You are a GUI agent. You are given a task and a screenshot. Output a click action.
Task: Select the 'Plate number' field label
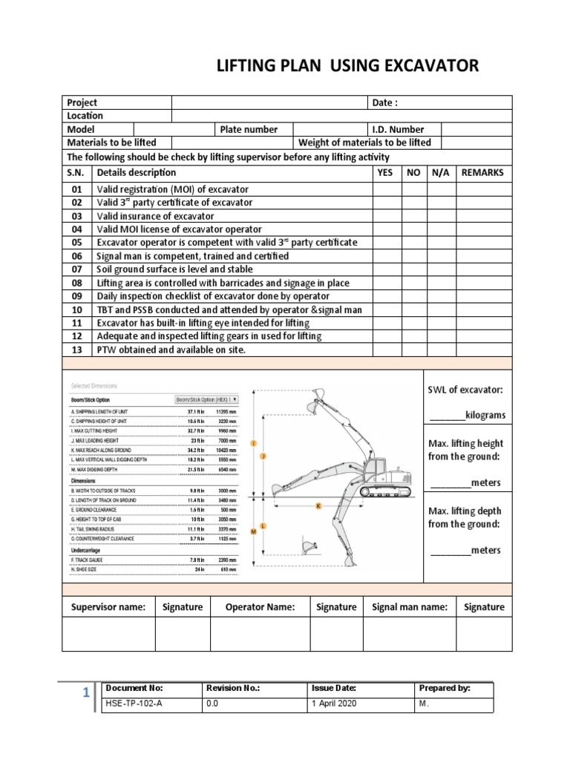249,129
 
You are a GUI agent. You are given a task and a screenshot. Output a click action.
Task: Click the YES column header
385,172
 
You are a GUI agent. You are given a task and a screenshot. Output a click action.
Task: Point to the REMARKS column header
482,172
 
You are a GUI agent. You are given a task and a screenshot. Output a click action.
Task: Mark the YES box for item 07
386,269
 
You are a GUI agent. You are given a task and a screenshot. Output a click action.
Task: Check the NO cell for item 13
413,350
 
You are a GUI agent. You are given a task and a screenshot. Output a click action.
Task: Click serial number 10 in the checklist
77,309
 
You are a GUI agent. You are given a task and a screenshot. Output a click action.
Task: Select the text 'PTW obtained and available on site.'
171,350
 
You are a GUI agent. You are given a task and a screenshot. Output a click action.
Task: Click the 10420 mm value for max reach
226,450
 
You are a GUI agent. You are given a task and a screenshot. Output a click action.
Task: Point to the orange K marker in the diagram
318,505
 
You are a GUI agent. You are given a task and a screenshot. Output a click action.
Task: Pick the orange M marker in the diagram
254,532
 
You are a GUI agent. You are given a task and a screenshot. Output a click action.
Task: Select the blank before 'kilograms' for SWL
446,415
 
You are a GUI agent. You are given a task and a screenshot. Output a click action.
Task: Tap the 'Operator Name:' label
260,607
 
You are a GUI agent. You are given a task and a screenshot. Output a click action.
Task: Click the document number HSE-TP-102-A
134,704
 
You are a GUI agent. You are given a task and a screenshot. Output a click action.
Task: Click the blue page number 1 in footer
86,693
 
